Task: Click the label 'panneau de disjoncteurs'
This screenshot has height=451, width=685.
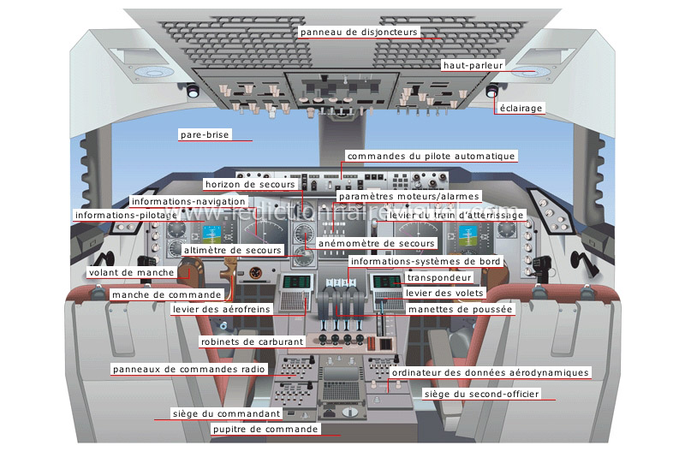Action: [x=359, y=32]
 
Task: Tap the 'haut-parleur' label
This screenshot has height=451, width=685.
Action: [x=473, y=65]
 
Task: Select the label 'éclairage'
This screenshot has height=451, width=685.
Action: [x=521, y=108]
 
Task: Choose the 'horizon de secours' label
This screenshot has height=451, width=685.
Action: [x=250, y=184]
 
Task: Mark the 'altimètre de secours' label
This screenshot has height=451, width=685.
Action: [x=232, y=250]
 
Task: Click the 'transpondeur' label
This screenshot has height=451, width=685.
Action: [x=439, y=278]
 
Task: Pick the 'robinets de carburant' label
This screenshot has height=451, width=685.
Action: [x=241, y=341]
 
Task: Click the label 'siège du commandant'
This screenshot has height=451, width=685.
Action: [x=226, y=413]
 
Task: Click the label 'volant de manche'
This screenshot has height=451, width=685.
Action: [x=132, y=273]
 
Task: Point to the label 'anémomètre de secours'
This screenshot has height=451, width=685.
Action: [x=377, y=243]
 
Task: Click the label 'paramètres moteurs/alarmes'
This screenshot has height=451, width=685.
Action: [x=408, y=196]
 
